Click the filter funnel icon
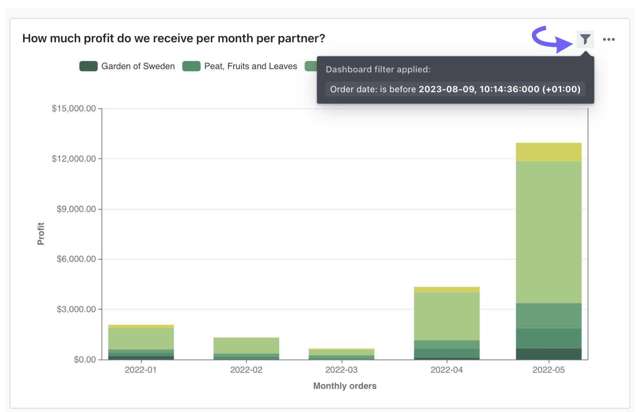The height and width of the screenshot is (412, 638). point(585,39)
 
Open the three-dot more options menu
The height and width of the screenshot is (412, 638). point(609,39)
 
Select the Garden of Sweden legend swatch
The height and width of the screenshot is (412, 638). point(88,66)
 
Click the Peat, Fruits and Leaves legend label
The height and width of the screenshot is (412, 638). point(250,66)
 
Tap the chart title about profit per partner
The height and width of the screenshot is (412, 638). point(174,39)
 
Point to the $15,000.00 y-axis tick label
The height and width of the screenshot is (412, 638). point(74,108)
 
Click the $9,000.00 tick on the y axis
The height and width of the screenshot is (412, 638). point(76,209)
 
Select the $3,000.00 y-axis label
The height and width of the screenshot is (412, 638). point(76,309)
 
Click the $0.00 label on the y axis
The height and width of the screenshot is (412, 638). point(85,360)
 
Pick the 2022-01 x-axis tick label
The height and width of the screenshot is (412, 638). point(141,370)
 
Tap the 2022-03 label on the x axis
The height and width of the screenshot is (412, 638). point(341,370)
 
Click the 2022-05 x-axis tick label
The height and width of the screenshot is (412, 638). point(549,370)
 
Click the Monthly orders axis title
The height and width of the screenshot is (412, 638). point(345,386)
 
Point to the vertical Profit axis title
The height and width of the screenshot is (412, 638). point(41,234)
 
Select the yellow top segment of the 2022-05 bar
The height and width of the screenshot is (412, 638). point(549,152)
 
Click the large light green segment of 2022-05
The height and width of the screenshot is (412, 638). point(549,232)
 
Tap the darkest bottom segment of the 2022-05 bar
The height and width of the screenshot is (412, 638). point(549,354)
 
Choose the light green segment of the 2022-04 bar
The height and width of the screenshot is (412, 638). point(447,316)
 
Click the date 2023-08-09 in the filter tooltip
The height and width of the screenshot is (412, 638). point(447,89)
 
